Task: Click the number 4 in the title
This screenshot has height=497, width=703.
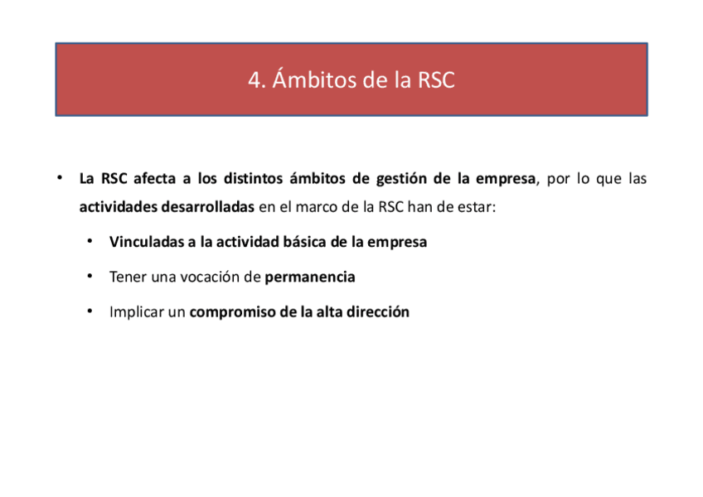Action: (x=254, y=80)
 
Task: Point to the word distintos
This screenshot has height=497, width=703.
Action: (x=253, y=179)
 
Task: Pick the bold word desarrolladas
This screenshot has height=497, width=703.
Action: (x=205, y=207)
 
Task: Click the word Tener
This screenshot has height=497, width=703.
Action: (x=126, y=277)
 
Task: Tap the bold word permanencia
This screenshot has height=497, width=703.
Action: (x=310, y=277)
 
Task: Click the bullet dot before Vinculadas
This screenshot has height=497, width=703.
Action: (x=89, y=241)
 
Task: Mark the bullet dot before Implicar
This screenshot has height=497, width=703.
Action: (x=89, y=311)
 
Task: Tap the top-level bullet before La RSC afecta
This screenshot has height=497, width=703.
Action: (x=60, y=178)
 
